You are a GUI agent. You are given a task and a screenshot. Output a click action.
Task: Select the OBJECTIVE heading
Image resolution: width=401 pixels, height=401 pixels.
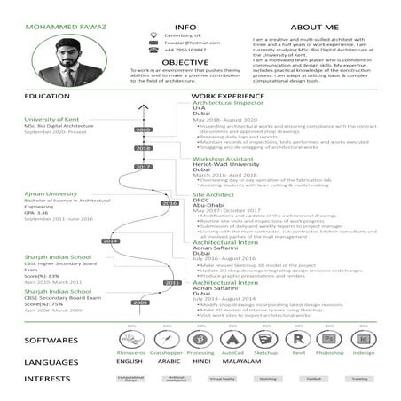[x=185, y=62]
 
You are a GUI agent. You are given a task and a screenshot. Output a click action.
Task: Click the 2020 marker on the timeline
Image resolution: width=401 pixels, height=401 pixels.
[x=143, y=130]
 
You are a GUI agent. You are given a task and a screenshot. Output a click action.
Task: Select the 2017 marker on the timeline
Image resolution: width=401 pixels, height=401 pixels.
[x=143, y=166]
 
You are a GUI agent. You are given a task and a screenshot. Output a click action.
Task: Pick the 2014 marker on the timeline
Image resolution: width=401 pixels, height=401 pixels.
[x=110, y=240]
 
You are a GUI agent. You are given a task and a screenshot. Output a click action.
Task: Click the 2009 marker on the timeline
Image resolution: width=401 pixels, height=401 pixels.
[x=140, y=303]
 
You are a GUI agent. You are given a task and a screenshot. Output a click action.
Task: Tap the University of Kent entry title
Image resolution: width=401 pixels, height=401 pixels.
[x=53, y=119]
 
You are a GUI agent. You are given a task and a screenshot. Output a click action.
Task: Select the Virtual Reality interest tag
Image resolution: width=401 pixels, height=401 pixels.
[x=222, y=379]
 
